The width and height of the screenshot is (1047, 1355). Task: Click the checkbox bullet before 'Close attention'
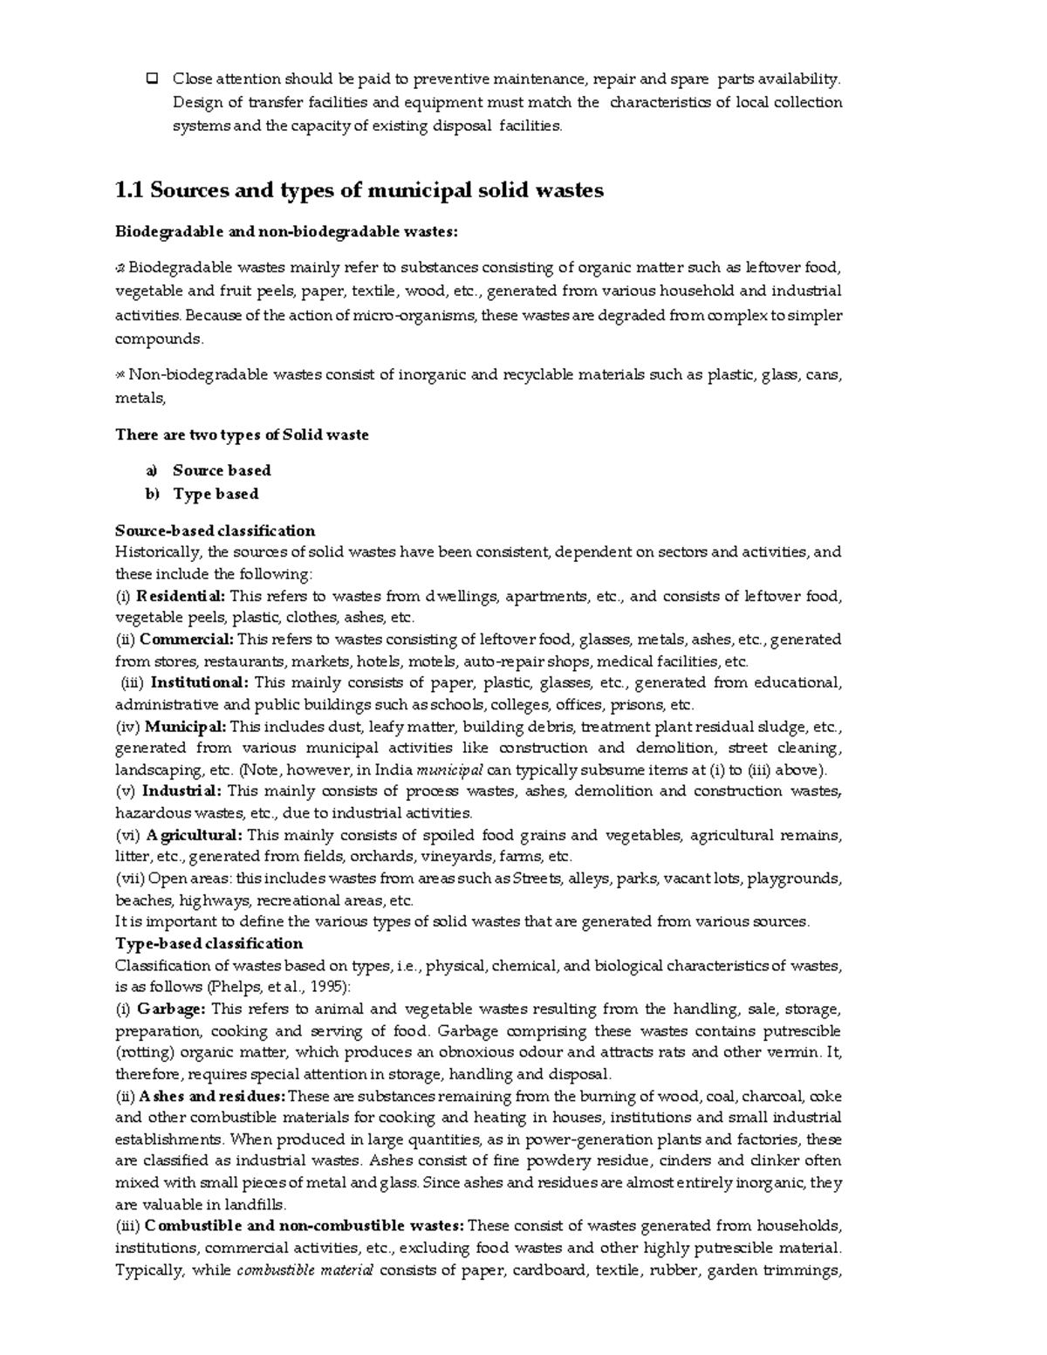pos(152,79)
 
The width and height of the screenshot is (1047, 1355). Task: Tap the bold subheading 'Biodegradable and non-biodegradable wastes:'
pos(286,232)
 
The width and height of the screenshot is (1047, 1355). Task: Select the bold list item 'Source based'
pos(222,470)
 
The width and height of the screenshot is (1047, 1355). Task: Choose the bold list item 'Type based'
pos(216,494)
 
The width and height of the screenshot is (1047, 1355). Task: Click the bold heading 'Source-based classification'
pos(215,530)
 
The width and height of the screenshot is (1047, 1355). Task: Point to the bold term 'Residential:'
pos(180,597)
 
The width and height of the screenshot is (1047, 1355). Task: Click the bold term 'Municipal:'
pos(185,726)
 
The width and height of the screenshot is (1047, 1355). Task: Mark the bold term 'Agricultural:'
pos(194,835)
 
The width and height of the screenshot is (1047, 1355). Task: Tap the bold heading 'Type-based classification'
pos(209,943)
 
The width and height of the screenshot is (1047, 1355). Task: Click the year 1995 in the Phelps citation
pos(325,987)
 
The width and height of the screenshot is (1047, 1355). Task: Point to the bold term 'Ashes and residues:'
pos(211,1097)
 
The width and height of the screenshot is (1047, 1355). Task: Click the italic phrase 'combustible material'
pos(305,1270)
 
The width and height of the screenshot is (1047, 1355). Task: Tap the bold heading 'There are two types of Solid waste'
pos(242,435)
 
